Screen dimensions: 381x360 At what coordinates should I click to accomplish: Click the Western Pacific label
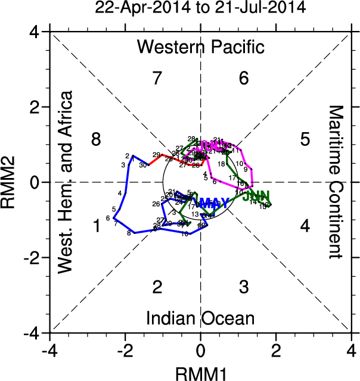tap(200, 46)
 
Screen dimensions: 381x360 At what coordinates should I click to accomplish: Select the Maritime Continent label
tap(337, 182)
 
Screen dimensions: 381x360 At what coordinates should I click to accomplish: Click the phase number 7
tap(157, 78)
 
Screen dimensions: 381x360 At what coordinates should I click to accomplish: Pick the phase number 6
tap(243, 78)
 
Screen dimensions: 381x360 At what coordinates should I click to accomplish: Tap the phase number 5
tap(305, 140)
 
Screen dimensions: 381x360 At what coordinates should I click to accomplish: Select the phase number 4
tap(305, 226)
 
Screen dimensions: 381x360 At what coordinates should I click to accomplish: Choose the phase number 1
tap(96, 226)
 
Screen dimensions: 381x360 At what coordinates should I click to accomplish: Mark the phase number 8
tap(96, 140)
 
